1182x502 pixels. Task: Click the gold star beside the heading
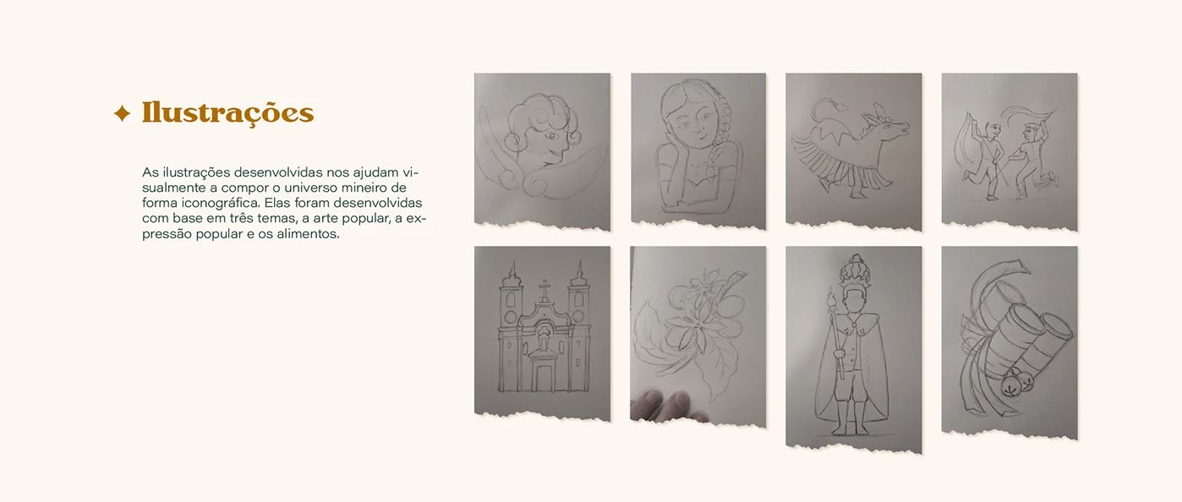(122, 113)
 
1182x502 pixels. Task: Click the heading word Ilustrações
(228, 113)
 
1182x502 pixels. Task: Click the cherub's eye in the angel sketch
(551, 136)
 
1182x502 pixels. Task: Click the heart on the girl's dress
(697, 172)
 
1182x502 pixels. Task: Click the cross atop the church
(544, 289)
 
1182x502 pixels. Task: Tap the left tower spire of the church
(511, 272)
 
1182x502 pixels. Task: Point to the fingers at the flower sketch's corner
(665, 406)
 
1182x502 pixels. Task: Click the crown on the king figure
(854, 273)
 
